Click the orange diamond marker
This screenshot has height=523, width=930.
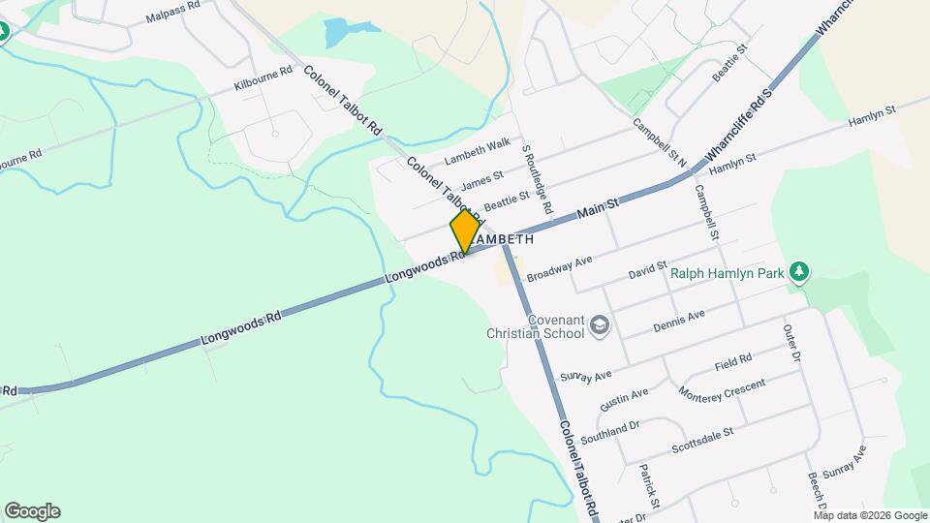[x=465, y=231]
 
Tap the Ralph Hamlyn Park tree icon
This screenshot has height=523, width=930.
[x=798, y=272]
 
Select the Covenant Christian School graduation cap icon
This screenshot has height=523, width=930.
[x=600, y=325]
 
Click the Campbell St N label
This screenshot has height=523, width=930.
[x=659, y=143]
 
